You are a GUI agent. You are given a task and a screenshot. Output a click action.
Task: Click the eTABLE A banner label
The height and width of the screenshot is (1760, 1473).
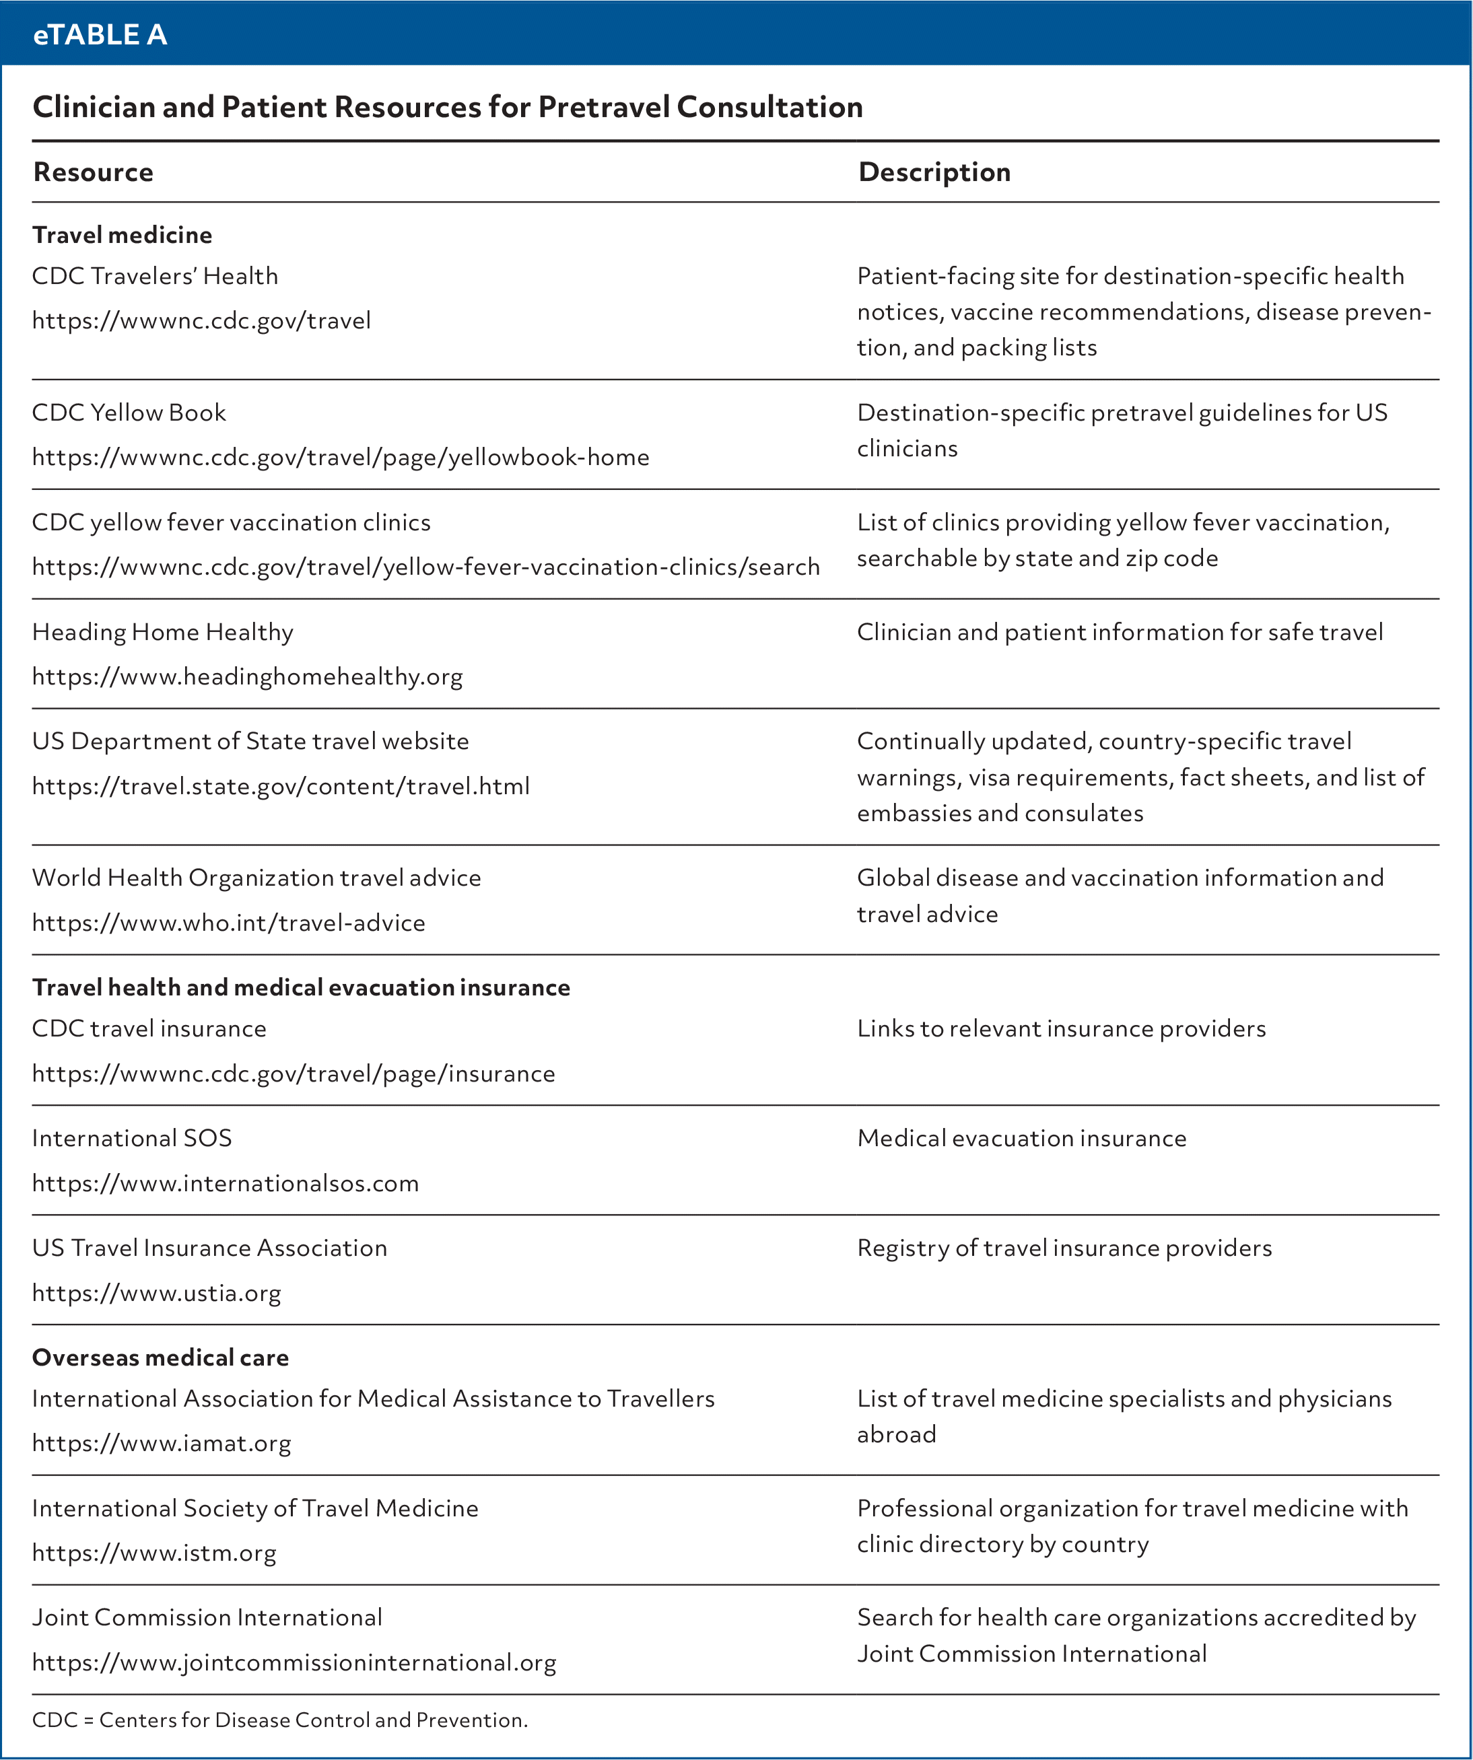100,34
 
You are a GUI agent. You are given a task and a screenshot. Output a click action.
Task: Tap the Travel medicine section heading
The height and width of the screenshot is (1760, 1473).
123,235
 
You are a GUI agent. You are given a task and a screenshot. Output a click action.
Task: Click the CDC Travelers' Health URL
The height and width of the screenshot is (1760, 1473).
201,320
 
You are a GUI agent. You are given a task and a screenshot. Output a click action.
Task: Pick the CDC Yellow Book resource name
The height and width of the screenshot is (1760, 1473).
129,413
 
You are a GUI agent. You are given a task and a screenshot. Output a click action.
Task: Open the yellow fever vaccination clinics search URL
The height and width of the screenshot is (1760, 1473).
426,567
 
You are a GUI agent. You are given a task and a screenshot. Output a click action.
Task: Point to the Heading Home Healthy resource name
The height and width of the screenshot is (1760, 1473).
163,632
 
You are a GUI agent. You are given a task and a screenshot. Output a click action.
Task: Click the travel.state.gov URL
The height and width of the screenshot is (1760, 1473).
281,786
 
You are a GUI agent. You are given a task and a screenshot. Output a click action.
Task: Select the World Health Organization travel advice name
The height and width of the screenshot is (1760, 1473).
256,878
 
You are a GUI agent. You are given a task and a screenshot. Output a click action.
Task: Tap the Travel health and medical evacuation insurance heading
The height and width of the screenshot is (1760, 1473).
301,987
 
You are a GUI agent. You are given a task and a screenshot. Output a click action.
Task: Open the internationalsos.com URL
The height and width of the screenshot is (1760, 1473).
226,1183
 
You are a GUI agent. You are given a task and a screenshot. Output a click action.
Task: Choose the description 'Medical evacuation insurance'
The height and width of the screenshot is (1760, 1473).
1022,1138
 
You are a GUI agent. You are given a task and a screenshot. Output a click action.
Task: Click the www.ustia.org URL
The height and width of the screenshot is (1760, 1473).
157,1293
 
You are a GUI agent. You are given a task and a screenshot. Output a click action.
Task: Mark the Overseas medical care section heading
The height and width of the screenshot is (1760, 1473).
160,1358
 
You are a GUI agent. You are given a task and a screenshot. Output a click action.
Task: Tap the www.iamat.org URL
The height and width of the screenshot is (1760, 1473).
162,1443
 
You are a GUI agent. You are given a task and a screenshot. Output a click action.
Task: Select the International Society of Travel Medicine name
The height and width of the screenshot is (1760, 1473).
255,1508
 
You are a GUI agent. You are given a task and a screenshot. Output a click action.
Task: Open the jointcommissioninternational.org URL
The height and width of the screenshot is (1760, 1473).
294,1662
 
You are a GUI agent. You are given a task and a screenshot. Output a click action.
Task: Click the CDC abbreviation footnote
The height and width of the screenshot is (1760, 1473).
280,1720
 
